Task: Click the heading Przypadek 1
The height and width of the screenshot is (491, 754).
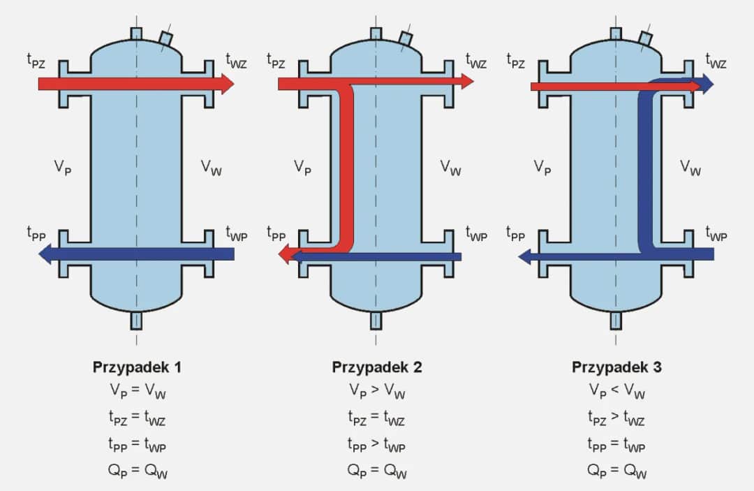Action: pos(137,367)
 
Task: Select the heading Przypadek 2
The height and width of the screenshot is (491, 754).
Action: pos(377,367)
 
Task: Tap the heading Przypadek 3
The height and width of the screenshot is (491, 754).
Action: pos(616,367)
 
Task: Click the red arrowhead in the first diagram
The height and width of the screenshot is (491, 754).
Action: pos(226,84)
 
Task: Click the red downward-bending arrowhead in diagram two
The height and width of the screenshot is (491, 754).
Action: pos(285,256)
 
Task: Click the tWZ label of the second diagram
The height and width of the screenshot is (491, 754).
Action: pos(477,61)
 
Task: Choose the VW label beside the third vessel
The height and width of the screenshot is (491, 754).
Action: pos(691,167)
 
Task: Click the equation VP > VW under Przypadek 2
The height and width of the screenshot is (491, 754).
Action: pos(377,392)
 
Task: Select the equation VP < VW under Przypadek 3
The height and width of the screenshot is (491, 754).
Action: pos(616,392)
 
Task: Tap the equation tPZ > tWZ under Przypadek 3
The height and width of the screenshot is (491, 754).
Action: pos(616,418)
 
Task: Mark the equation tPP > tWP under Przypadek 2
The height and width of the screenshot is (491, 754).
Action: pos(377,445)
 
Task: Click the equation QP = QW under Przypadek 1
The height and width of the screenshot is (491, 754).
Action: pos(137,471)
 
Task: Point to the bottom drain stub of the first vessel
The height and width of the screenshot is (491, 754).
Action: pos(136,320)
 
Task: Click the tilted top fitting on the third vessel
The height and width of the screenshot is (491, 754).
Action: pos(646,39)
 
